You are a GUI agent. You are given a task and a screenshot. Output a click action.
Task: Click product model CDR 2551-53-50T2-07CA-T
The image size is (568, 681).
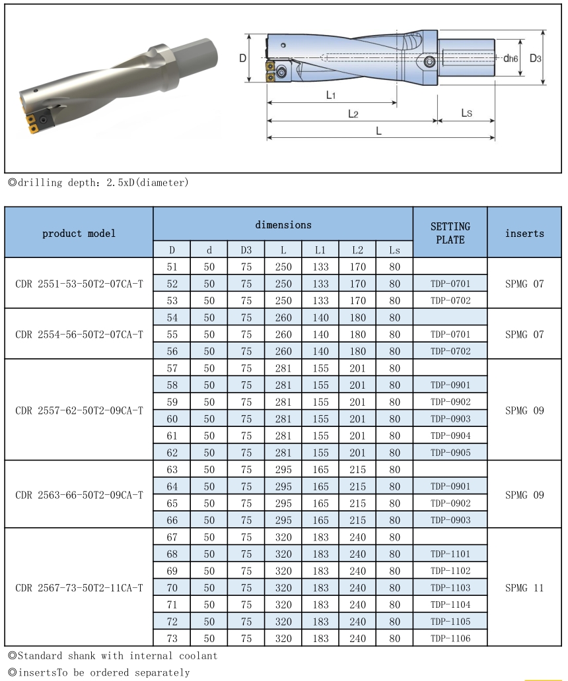coord(79,283)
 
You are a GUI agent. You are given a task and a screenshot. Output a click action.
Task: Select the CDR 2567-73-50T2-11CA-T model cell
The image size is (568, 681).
coord(79,587)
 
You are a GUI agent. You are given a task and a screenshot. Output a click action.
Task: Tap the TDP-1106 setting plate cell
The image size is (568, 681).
coord(450,638)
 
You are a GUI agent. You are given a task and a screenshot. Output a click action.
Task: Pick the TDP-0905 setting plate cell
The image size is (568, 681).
coord(450,453)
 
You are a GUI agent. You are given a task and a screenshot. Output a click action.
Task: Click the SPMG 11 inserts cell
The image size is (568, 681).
coord(524,587)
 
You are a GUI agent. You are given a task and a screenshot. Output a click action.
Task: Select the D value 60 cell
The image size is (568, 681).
coord(172,419)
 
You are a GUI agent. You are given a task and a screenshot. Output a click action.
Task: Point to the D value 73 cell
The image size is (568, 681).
coord(172,638)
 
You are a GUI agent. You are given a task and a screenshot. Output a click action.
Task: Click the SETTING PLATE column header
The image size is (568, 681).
coord(450,232)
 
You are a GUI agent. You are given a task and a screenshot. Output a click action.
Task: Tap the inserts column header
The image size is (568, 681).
coord(524,232)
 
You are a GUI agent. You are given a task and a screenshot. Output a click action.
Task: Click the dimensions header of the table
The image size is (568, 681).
coord(283,224)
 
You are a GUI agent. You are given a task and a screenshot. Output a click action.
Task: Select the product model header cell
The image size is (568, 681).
coord(79,232)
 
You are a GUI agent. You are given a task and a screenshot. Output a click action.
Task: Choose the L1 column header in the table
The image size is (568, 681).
coord(320,250)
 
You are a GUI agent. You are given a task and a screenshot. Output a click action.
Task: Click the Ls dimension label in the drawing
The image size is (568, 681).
coord(466,113)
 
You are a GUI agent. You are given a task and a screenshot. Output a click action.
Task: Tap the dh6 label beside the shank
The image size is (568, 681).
coord(510,58)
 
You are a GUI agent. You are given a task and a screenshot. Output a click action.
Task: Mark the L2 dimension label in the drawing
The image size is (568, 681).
coord(353,113)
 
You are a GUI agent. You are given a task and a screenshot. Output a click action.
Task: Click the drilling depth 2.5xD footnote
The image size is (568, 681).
coord(98,182)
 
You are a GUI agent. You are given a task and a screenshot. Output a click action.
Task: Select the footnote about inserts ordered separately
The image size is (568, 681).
coord(98,672)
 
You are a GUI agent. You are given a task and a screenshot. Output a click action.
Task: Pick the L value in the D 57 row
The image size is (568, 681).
coord(283,368)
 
